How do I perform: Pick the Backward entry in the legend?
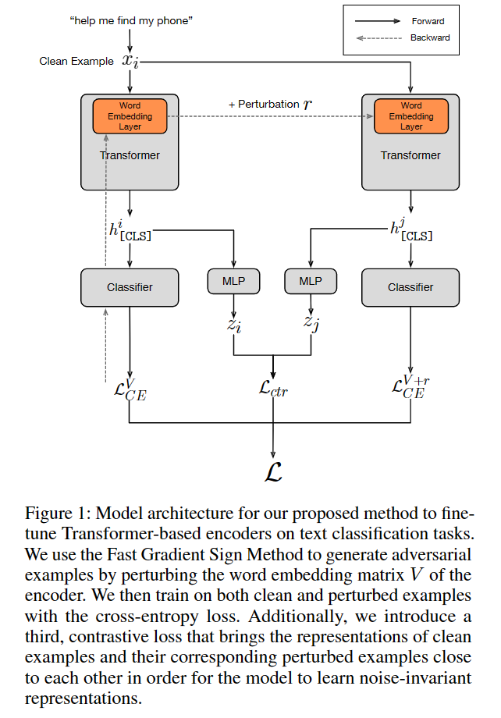(429, 37)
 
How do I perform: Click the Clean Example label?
(76, 61)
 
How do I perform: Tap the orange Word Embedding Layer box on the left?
(130, 116)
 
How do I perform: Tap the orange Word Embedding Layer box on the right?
(410, 116)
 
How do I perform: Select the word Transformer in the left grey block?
(130, 155)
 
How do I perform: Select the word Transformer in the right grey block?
(410, 155)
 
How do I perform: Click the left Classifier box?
(130, 287)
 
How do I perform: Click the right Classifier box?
(410, 287)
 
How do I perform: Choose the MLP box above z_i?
(234, 281)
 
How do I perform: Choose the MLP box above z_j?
(310, 281)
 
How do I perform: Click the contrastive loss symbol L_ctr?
(273, 388)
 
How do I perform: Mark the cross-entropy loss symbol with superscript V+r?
(411, 387)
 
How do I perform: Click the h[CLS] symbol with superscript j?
(410, 231)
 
